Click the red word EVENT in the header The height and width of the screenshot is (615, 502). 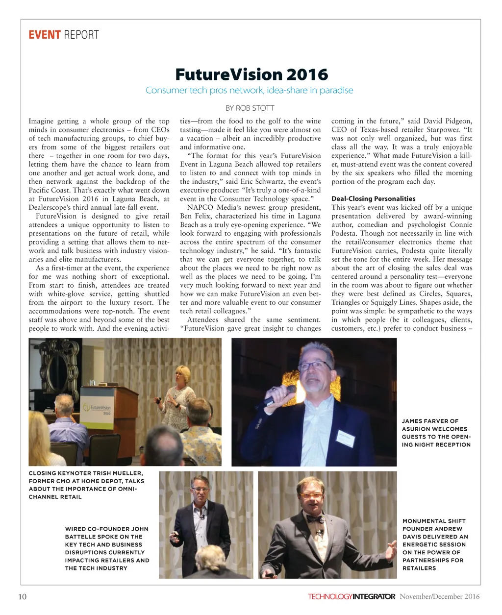(x=44, y=35)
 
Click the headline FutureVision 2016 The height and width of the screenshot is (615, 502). (x=251, y=74)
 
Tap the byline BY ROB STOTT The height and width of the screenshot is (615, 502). (x=250, y=108)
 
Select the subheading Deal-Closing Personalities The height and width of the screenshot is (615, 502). (x=373, y=198)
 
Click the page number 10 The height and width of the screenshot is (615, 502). (x=22, y=596)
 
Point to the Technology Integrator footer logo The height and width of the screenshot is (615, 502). (x=351, y=596)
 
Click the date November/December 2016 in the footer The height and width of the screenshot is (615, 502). (x=439, y=596)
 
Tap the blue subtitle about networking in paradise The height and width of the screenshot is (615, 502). (x=249, y=90)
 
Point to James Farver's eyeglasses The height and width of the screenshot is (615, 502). (x=314, y=366)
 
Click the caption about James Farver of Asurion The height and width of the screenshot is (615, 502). (x=436, y=433)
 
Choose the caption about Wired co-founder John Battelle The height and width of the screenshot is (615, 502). (x=107, y=548)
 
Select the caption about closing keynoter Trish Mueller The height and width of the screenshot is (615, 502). (x=86, y=485)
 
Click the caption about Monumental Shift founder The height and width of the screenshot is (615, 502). (x=435, y=544)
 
